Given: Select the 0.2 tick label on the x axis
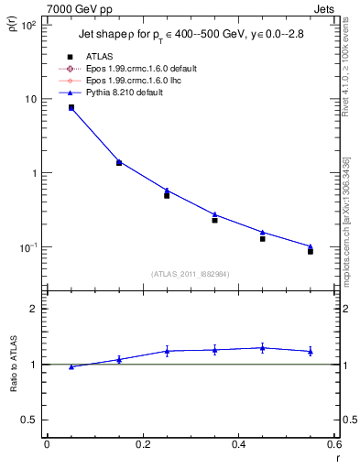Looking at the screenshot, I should pyautogui.click(x=142, y=444).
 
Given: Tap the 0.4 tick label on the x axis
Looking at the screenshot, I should pyautogui.click(x=238, y=444).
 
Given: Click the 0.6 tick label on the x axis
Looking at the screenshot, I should pyautogui.click(x=333, y=444).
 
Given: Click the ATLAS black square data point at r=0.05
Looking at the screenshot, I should pyautogui.click(x=71, y=108).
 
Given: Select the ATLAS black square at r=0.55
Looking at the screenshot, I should pyautogui.click(x=311, y=250).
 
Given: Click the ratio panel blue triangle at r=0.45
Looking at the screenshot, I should pyautogui.click(x=263, y=347).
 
